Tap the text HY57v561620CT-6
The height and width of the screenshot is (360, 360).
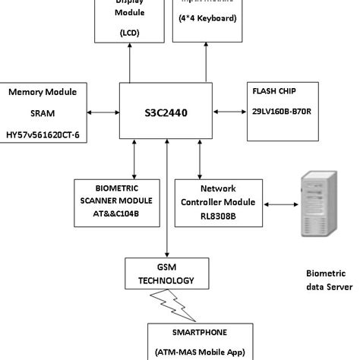43,134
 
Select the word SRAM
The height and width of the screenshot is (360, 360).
43,113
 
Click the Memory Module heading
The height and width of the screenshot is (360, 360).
43,92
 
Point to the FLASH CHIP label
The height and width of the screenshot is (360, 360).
275,90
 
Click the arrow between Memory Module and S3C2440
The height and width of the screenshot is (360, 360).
104,112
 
